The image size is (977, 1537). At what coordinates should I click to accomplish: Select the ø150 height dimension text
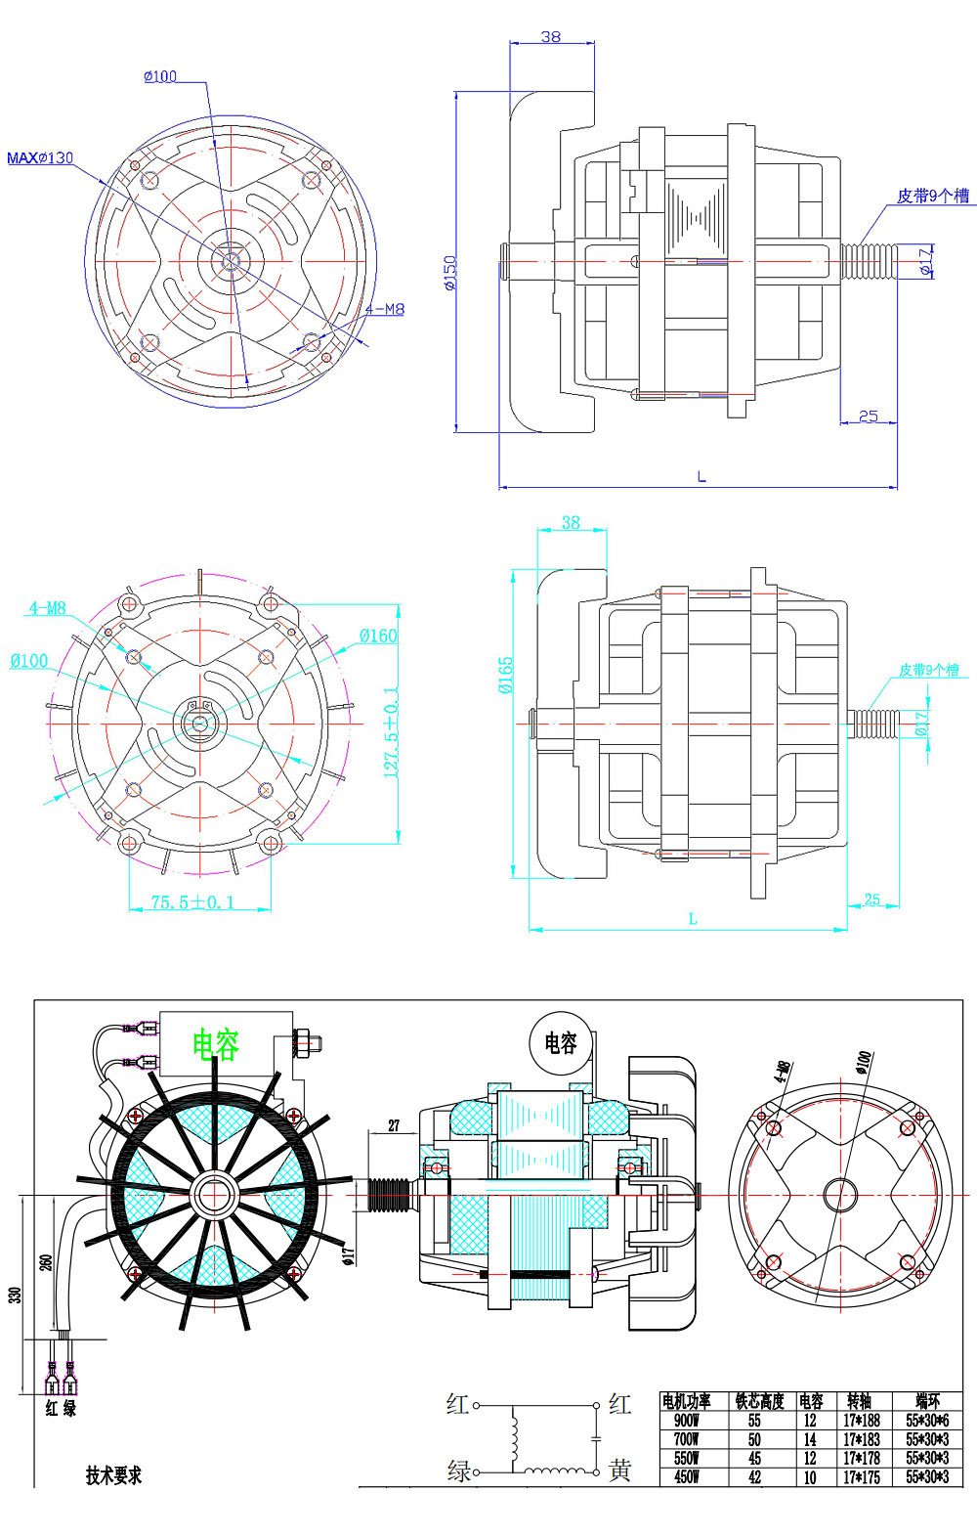tap(450, 274)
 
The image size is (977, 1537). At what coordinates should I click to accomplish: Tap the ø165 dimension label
tap(505, 675)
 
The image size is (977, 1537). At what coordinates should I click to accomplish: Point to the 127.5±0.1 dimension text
tap(391, 733)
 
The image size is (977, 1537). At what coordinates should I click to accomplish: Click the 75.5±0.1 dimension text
tap(192, 902)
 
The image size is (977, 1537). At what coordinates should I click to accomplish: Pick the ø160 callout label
tap(378, 636)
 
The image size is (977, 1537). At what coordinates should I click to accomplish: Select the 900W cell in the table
tap(686, 1421)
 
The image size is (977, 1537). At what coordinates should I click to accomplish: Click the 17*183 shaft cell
tap(861, 1439)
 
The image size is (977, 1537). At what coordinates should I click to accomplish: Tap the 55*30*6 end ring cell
tap(926, 1421)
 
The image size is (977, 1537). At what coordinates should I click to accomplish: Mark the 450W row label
tap(686, 1477)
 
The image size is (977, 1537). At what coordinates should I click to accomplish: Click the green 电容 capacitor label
tap(215, 1044)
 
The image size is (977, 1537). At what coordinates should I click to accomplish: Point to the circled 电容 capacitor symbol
tap(561, 1043)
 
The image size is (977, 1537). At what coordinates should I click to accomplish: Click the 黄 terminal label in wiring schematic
tap(619, 1471)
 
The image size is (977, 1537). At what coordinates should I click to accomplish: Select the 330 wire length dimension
tap(15, 1295)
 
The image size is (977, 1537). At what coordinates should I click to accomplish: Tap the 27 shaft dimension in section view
tap(394, 1125)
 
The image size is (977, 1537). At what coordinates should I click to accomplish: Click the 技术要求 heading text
tap(113, 1475)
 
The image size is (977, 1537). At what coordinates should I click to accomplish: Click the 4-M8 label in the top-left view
tap(384, 309)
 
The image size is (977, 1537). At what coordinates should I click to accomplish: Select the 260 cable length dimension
tap(46, 1262)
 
